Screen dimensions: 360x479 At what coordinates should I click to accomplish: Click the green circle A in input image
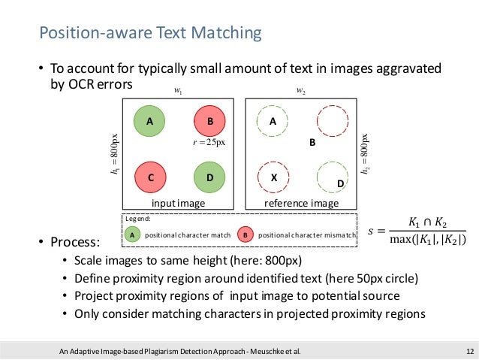(150, 121)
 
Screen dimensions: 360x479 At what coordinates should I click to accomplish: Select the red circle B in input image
(209, 121)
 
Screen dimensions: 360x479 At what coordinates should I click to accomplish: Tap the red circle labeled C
(150, 178)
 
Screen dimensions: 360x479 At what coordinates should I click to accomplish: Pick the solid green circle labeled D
(209, 178)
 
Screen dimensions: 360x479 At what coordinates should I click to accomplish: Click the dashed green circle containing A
(273, 121)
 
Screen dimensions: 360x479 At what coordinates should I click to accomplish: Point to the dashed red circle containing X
(273, 178)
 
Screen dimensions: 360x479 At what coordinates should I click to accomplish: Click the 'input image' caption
(178, 203)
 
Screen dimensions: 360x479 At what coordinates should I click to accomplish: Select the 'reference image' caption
(301, 203)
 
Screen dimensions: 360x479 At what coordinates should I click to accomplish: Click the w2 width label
(301, 92)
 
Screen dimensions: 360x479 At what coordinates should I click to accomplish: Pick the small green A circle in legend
(132, 235)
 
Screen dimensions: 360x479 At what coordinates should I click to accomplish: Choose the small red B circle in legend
(246, 235)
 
